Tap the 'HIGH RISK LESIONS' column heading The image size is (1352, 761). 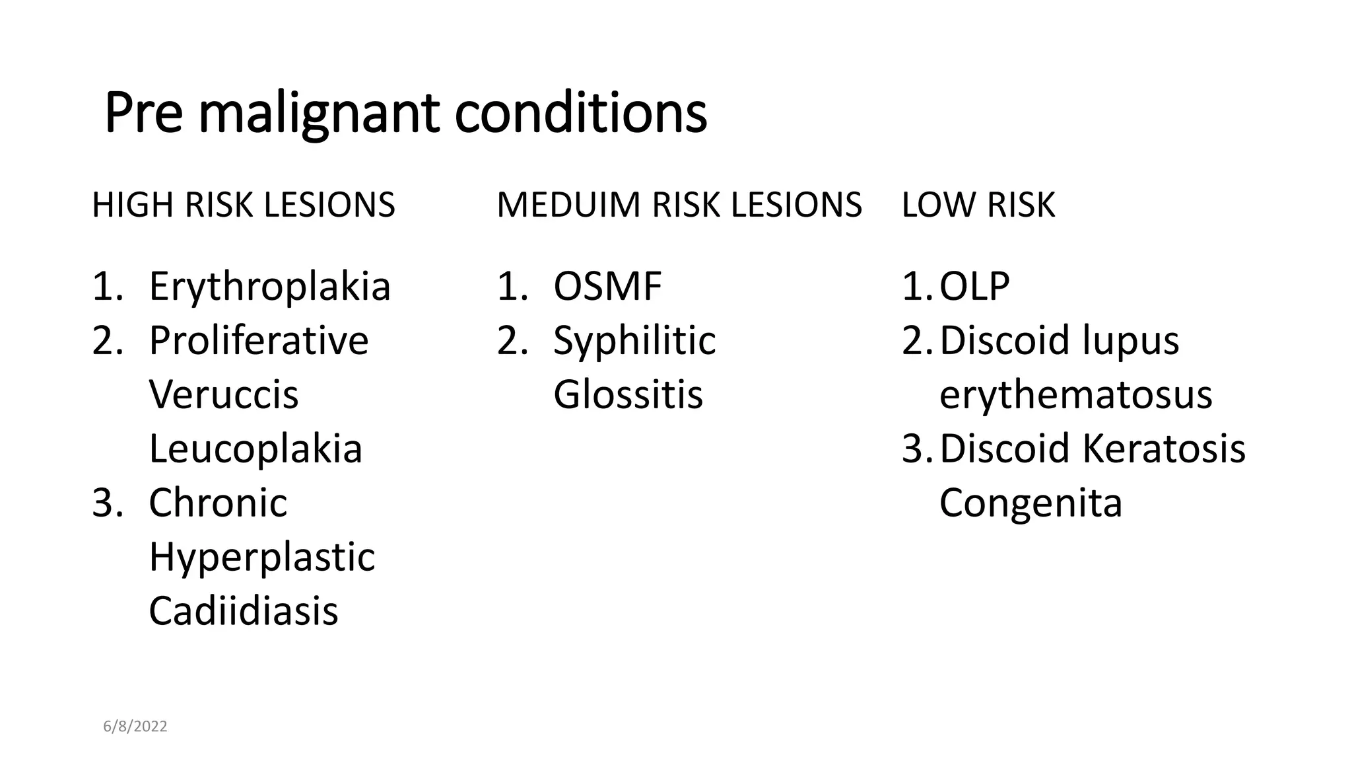point(244,205)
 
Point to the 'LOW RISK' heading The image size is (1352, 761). point(978,205)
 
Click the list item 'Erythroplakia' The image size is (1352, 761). point(269,287)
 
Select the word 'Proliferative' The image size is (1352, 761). point(259,341)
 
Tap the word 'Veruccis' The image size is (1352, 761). point(224,395)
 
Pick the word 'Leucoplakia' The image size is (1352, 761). point(255,449)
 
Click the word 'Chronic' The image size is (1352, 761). point(218,503)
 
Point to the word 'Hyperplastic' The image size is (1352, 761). point(261,558)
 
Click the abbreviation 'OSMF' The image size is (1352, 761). point(607,287)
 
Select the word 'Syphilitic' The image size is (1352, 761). point(634,341)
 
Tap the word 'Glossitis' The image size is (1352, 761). point(628,395)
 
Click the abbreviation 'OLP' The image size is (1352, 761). point(974,287)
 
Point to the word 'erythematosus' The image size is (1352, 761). point(1075,395)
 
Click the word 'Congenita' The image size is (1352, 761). point(1031,503)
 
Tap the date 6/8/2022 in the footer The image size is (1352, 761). point(135,727)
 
